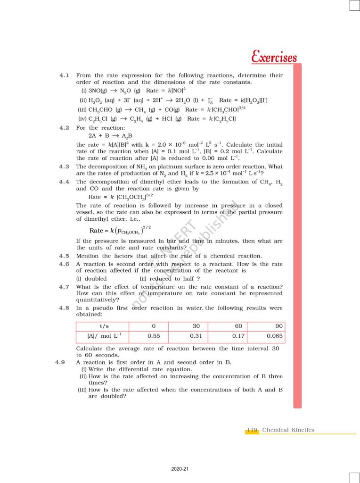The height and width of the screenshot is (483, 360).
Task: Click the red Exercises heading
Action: (274, 58)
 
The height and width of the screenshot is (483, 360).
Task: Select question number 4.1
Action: (65, 75)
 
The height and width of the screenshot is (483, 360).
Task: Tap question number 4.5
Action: (65, 256)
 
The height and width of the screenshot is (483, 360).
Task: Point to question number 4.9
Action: (60, 362)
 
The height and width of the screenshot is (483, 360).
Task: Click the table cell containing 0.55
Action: (155, 336)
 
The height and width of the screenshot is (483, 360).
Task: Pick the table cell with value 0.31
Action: (196, 336)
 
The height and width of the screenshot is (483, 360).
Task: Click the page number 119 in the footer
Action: (252, 430)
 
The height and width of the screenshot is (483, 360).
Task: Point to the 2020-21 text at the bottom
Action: (180, 469)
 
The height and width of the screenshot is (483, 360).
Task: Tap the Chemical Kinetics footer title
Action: (288, 430)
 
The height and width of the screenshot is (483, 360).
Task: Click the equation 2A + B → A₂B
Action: (110, 135)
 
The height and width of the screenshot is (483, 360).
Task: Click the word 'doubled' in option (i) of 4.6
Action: (98, 279)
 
